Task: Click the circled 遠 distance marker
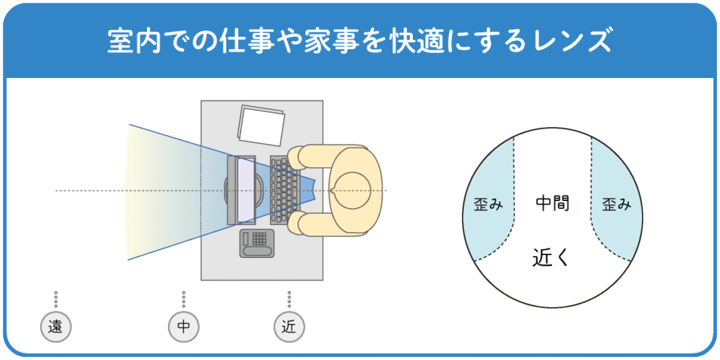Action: (56, 326)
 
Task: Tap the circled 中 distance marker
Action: (184, 326)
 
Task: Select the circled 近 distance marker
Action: (289, 326)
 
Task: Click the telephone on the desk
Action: (257, 243)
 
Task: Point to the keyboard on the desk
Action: (284, 190)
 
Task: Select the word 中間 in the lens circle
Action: (552, 204)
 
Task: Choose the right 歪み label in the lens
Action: (617, 205)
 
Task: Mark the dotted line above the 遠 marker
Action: (56, 299)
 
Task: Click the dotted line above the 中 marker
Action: (184, 299)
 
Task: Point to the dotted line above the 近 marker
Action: (289, 299)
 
